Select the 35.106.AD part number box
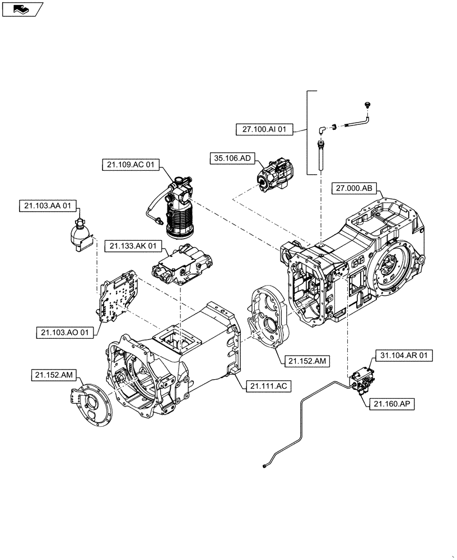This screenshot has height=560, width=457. tap(231, 158)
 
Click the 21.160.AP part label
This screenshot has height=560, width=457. tap(392, 404)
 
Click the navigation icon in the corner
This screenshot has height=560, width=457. tap(21, 8)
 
